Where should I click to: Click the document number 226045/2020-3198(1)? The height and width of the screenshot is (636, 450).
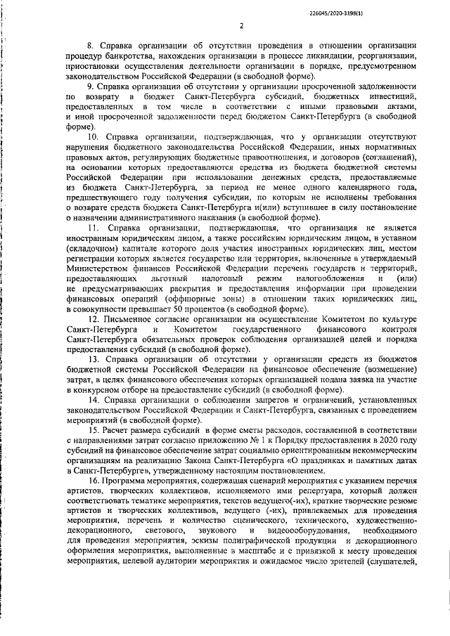click(x=396, y=12)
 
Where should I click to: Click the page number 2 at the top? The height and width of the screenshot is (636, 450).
click(x=240, y=27)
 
